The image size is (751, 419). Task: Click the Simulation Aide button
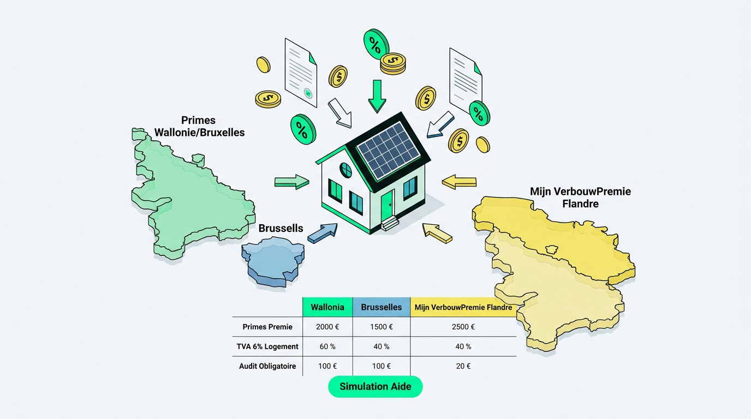pyautogui.click(x=375, y=386)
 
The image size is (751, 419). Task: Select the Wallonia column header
pyautogui.click(x=327, y=307)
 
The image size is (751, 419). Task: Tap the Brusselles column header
pyautogui.click(x=382, y=307)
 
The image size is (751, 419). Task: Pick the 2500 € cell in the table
pyautogui.click(x=463, y=327)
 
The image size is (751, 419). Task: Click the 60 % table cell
pyautogui.click(x=327, y=346)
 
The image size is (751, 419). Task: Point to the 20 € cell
pyautogui.click(x=463, y=366)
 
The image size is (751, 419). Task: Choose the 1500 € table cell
pyautogui.click(x=382, y=327)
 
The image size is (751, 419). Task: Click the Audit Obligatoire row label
pyautogui.click(x=267, y=366)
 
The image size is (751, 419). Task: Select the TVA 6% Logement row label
pyautogui.click(x=267, y=346)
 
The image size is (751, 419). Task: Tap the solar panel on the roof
pyautogui.click(x=389, y=150)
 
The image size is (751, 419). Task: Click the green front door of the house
pyautogui.click(x=387, y=206)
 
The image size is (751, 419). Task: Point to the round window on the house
pyautogui.click(x=345, y=170)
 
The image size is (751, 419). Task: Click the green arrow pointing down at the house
pyautogui.click(x=377, y=96)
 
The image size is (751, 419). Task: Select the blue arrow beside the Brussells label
pyautogui.click(x=323, y=233)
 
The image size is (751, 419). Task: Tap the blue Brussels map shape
pyautogui.click(x=273, y=261)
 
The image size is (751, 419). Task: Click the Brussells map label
pyautogui.click(x=281, y=228)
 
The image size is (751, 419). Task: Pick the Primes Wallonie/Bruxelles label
pyautogui.click(x=199, y=127)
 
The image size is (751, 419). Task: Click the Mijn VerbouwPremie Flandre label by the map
pyautogui.click(x=580, y=197)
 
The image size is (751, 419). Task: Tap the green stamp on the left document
pyautogui.click(x=308, y=93)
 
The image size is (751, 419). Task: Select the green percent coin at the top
pyautogui.click(x=376, y=44)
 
